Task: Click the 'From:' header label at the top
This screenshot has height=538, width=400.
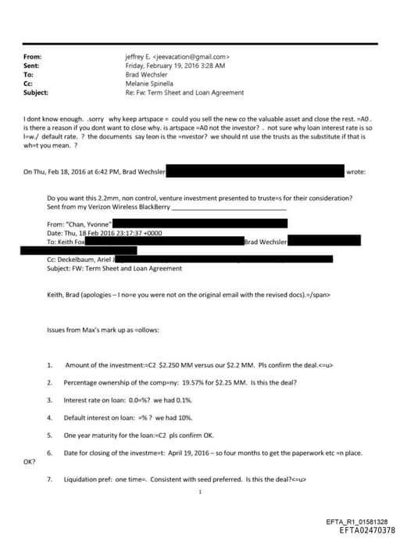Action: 33,57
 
